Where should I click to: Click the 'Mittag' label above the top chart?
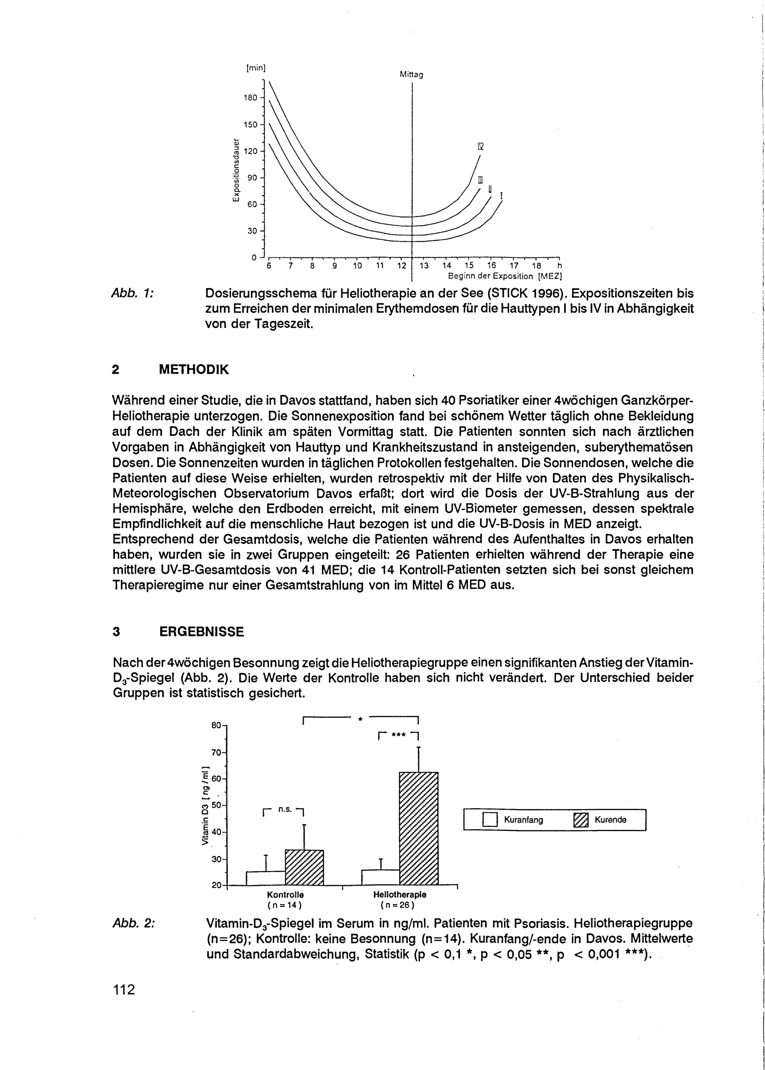coord(411,75)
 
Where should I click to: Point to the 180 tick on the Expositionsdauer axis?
coord(251,98)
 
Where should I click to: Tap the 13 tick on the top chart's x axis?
coord(424,266)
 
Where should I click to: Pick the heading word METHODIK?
coord(194,370)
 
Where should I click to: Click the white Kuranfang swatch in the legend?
coord(490,820)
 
